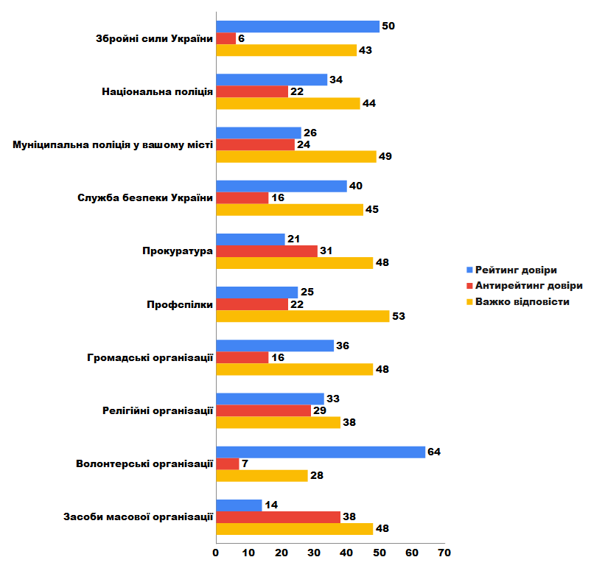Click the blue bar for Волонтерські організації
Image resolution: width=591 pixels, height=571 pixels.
pos(321,452)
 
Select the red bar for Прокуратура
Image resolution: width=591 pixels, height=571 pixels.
pos(267,251)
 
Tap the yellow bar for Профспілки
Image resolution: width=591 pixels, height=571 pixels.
pos(303,316)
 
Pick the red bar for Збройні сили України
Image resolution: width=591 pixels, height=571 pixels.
pos(226,38)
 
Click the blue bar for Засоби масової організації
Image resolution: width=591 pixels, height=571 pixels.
pos(239,505)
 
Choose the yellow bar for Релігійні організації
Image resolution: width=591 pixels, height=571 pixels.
pos(278,422)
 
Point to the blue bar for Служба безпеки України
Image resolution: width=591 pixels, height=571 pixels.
pos(281,186)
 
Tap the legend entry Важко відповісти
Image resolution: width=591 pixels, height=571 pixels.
pos(522,302)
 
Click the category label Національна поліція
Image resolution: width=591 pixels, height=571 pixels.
pos(157,92)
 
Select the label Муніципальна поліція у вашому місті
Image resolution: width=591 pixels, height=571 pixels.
pos(113,145)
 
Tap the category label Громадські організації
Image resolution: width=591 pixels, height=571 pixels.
pos(150,357)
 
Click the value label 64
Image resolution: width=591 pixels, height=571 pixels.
pos(434,452)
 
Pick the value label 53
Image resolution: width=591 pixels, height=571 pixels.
pos(398,316)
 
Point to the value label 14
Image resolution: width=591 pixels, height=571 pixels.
pos(271,505)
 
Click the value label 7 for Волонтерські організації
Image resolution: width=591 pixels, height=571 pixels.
pos(245,463)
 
